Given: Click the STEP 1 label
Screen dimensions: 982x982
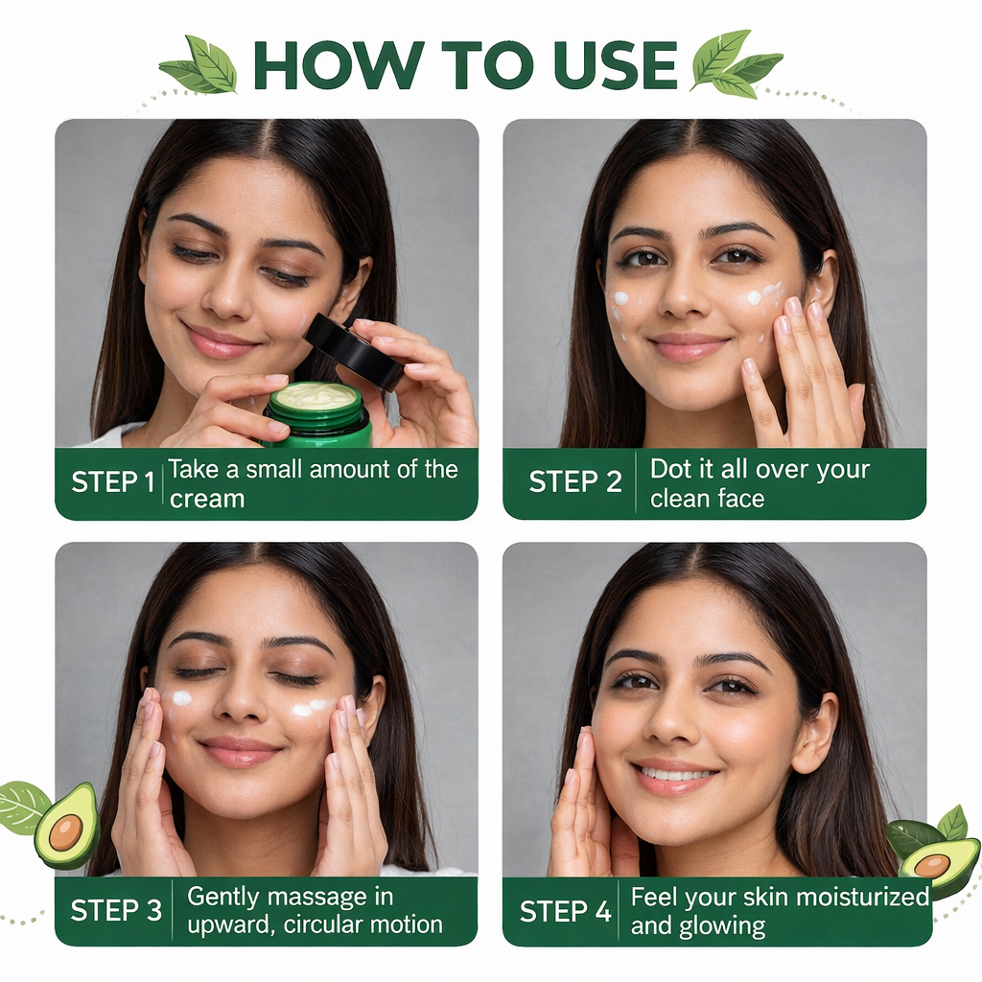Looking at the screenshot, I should (112, 482).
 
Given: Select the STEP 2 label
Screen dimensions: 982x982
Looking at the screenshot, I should (575, 482).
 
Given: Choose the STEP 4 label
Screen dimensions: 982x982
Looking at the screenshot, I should (565, 911).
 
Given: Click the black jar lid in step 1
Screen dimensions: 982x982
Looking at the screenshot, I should (352, 351).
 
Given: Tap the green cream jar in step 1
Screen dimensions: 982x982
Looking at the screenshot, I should (317, 416).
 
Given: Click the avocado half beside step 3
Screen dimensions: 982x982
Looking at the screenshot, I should (67, 826).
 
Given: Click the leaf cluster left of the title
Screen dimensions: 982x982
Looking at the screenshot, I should (200, 64).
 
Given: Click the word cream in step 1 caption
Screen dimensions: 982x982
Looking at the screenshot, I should (206, 499).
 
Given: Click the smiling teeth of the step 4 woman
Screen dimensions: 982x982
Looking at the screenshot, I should (678, 774).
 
